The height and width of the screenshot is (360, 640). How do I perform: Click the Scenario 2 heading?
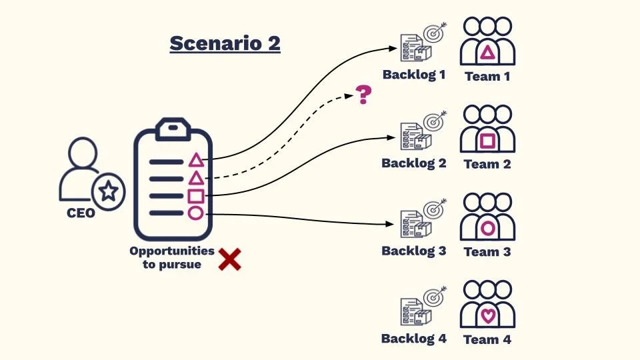225,43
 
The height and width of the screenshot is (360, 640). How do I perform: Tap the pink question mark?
363,95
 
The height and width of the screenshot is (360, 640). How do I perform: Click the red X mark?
230,259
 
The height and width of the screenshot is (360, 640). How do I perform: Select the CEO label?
81,214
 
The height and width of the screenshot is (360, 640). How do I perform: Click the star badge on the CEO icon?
108,192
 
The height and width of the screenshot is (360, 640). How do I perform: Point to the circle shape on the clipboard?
195,213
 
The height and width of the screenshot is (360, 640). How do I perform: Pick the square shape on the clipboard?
195,196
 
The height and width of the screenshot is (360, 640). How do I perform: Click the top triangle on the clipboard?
195,160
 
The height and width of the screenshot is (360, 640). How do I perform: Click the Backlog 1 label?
413,75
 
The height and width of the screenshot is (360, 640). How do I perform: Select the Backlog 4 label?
413,339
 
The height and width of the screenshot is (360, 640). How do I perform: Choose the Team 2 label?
487,164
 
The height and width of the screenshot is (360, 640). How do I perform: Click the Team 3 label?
487,252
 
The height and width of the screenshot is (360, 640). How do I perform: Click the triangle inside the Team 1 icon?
488,53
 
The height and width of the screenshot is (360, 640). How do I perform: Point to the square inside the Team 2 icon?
488,141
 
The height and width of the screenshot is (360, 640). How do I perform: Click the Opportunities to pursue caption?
171,257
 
